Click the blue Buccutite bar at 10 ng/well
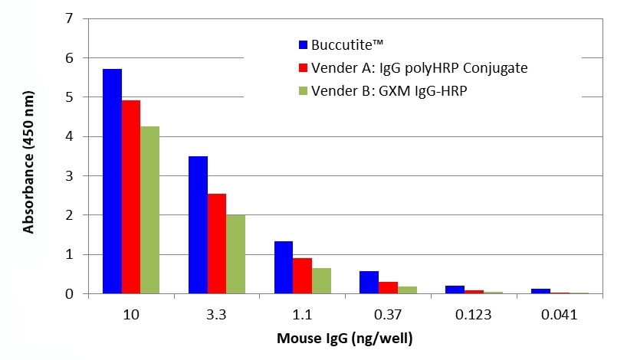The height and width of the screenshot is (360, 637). (x=113, y=181)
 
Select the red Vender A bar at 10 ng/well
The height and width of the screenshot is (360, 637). (x=131, y=197)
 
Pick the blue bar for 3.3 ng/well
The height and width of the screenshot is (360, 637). (x=198, y=224)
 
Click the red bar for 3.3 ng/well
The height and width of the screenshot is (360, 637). (x=216, y=244)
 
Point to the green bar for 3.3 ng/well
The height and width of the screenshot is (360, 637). (x=235, y=254)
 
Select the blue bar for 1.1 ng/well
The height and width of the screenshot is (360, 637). (x=283, y=267)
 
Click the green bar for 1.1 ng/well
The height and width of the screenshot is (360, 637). (x=320, y=280)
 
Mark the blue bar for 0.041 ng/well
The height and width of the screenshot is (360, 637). (x=540, y=291)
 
